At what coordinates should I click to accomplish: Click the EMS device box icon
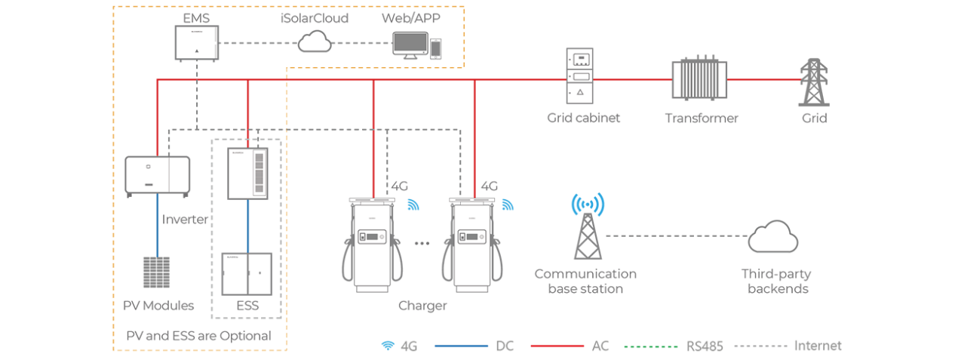196,43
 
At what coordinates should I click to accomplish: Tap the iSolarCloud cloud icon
315,42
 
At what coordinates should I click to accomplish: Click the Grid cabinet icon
579,75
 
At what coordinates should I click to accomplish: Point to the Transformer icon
699,78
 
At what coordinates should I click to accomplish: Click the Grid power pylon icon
814,81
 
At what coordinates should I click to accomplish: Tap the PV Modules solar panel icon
156,274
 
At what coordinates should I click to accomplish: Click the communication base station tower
588,226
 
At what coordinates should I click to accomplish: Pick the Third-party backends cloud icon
773,238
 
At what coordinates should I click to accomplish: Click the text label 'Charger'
422,306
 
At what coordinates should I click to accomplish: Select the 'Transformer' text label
701,118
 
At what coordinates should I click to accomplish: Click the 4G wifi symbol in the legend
388,346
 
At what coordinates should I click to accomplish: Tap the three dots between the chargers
422,243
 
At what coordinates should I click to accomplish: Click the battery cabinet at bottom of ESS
247,273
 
